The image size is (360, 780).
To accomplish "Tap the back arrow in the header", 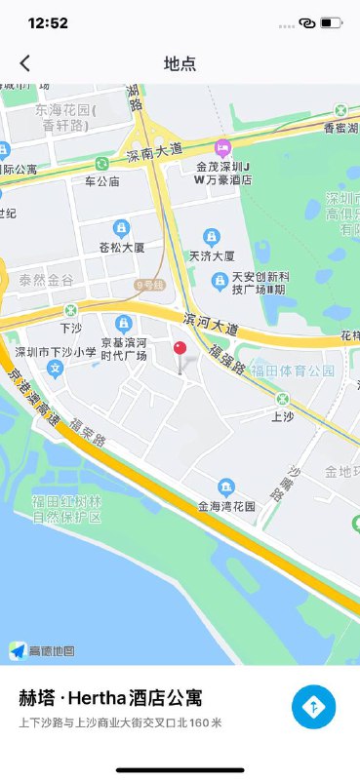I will coord(25,63).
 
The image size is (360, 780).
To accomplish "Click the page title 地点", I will coord(180,63).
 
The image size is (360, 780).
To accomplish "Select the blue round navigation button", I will coord(313,707).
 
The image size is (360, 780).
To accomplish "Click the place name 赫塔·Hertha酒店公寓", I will coord(110,698).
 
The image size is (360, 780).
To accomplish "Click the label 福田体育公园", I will coord(293,371).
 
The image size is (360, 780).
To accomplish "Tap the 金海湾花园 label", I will coord(226,507).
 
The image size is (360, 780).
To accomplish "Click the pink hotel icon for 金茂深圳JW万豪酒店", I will coord(222,147).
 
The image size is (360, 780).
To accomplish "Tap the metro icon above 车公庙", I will coord(101,164).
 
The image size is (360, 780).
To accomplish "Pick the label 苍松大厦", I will coord(122,248).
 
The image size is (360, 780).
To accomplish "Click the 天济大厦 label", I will coord(211,256).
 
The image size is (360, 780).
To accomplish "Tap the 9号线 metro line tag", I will coord(149,284).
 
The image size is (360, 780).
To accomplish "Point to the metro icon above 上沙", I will coord(282,399).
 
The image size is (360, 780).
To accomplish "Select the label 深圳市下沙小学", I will coord(55,352).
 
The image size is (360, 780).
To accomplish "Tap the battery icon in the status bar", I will coord(332,22).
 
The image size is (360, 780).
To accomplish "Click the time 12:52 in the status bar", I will coord(48,22).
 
